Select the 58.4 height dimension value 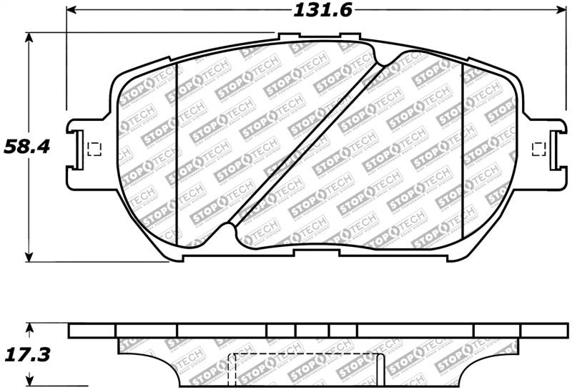coord(26,147)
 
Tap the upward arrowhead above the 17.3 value coord(29,328)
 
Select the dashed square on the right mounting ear coord(540,148)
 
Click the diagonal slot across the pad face coord(307,143)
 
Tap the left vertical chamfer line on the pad coord(176,154)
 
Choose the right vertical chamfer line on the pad coord(463,154)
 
